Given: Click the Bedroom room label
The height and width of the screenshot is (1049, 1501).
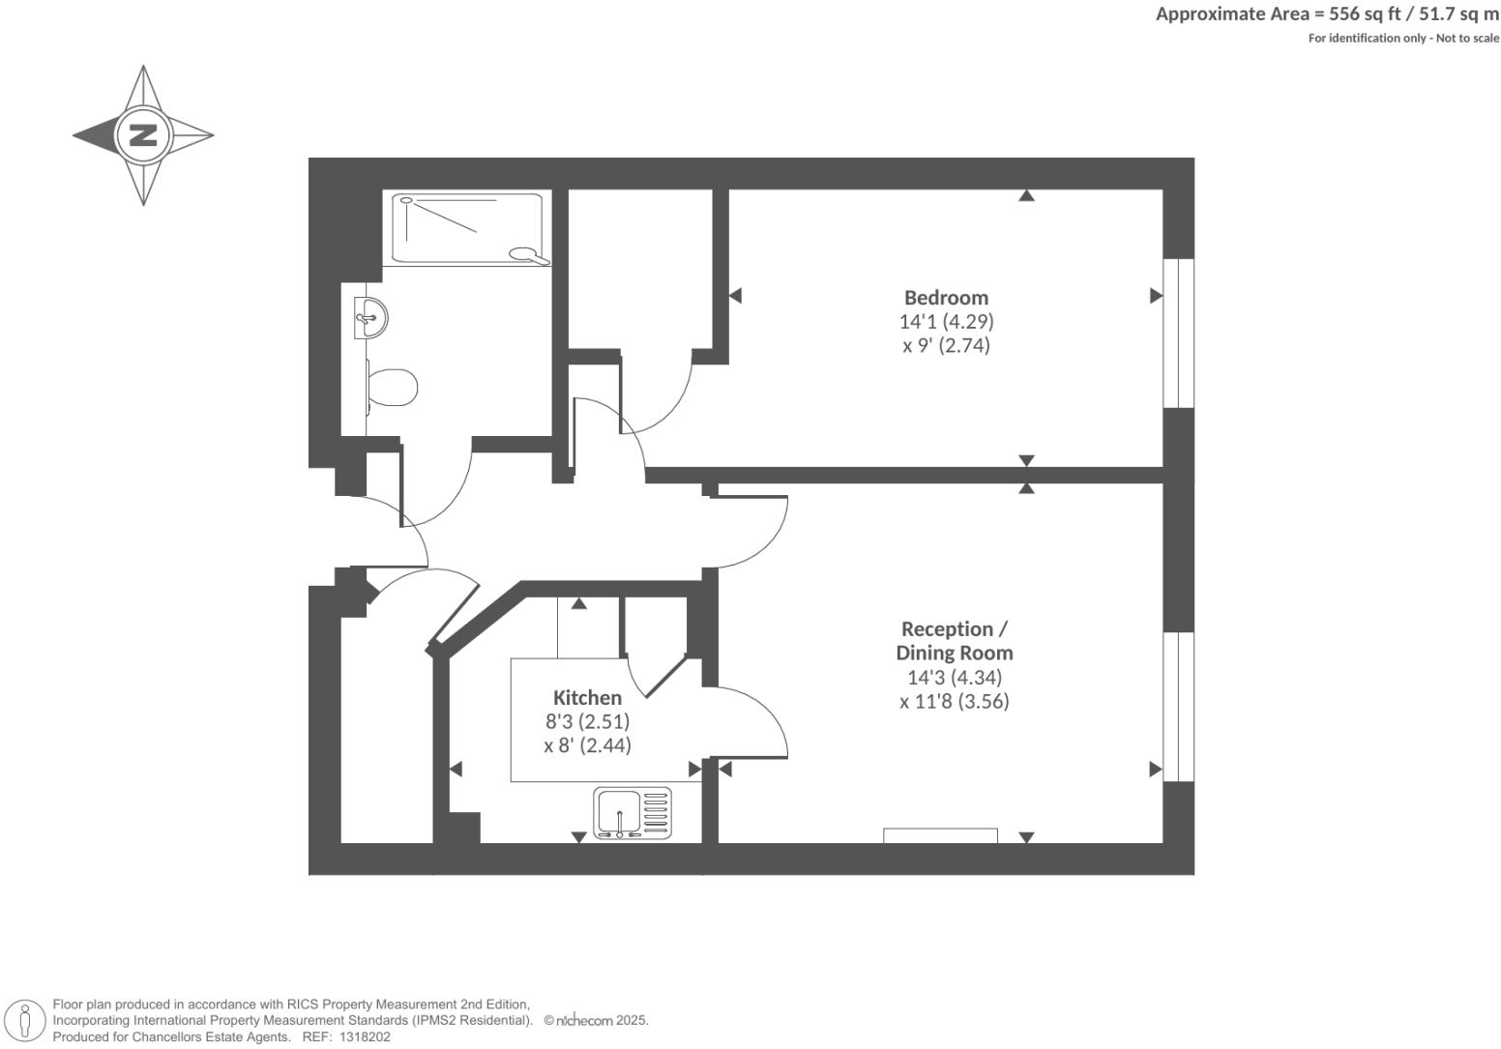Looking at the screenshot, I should pyautogui.click(x=945, y=298).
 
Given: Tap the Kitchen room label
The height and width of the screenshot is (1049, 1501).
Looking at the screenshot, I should pyautogui.click(x=587, y=697).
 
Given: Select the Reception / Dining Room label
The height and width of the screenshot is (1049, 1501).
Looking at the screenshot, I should pyautogui.click(x=954, y=641).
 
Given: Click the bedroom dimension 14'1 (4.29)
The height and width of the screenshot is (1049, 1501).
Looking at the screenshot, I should pyautogui.click(x=946, y=321).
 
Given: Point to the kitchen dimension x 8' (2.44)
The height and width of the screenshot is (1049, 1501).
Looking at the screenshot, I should pyautogui.click(x=587, y=744).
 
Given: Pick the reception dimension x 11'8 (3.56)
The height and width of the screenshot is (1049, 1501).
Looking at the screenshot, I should pyautogui.click(x=954, y=702).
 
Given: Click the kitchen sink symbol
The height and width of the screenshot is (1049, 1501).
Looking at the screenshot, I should pyautogui.click(x=632, y=813).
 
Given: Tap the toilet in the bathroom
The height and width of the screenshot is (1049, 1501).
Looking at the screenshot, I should pyautogui.click(x=394, y=387).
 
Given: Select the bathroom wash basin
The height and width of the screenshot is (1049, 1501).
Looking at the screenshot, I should pyautogui.click(x=370, y=317).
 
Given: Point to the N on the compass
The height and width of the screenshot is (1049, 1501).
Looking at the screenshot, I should pyautogui.click(x=143, y=134).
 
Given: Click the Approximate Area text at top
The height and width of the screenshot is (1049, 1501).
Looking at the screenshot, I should pyautogui.click(x=1327, y=14).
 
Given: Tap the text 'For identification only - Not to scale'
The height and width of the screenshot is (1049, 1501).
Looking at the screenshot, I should pyautogui.click(x=1402, y=38).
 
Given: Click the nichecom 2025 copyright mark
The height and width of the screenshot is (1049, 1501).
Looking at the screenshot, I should pyautogui.click(x=596, y=1020).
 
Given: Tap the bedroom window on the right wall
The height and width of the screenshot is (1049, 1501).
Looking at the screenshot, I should pyautogui.click(x=1178, y=333).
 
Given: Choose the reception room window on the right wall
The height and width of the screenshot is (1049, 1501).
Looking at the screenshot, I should pyautogui.click(x=1178, y=707).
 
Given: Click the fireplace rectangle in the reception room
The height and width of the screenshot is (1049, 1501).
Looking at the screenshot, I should pyautogui.click(x=940, y=835).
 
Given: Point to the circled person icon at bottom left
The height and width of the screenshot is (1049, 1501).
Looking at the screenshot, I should pyautogui.click(x=26, y=1021).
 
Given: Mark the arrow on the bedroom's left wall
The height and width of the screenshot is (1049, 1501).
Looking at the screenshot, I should pyautogui.click(x=735, y=296).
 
